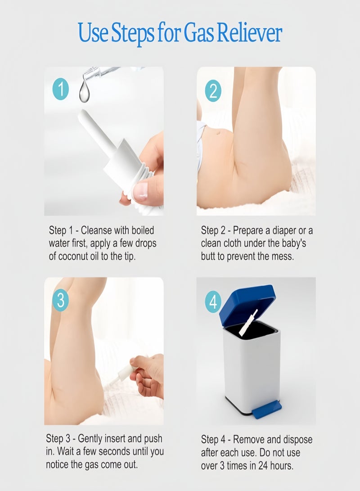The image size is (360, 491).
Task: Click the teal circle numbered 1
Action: pos(60,89)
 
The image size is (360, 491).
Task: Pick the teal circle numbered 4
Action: pos(213,302)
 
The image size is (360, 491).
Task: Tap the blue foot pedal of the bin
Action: pos(267,410)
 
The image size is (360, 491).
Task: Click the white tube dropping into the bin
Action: pos(248,323)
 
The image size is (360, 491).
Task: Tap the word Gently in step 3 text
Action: pos(90,439)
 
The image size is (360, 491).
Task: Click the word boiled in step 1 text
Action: pos(143,230)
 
